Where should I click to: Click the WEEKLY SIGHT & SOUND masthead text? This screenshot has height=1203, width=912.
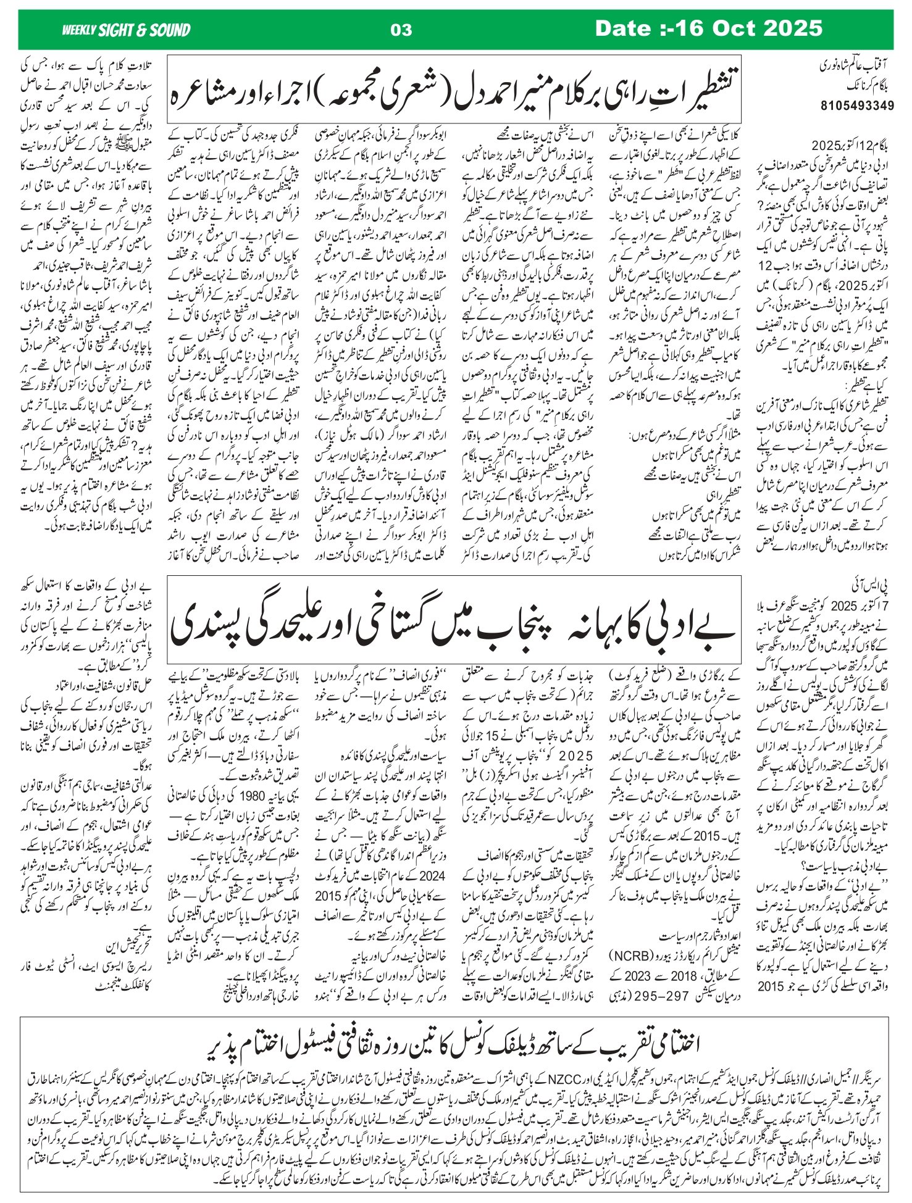tap(126, 29)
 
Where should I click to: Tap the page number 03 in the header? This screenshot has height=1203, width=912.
tap(401, 29)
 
